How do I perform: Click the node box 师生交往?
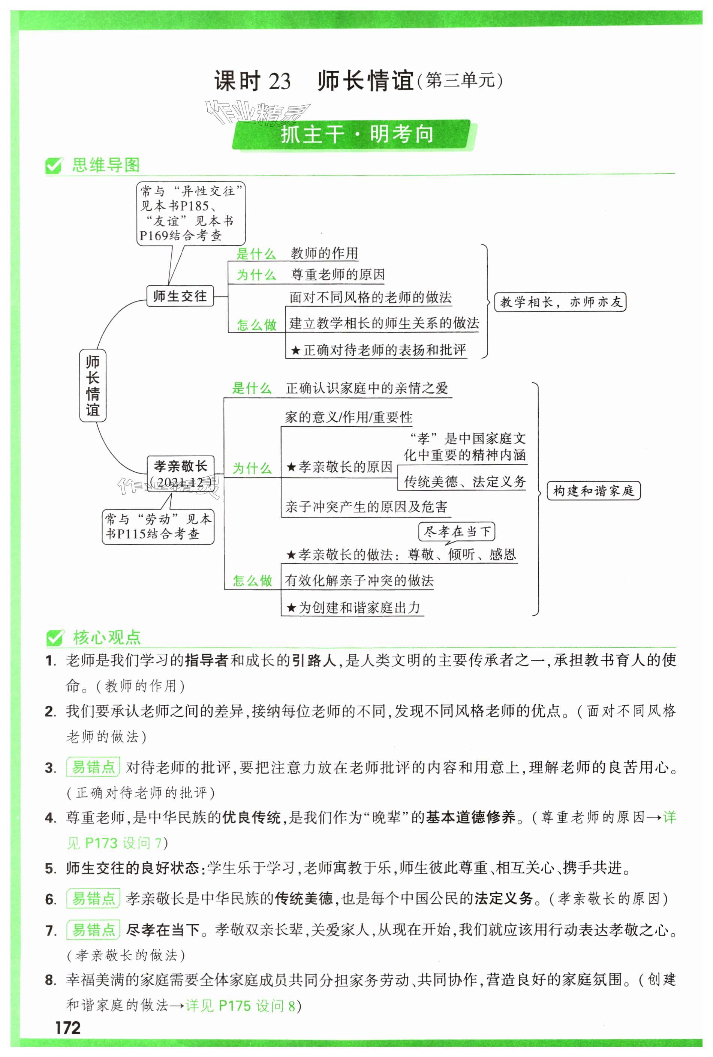[180, 296]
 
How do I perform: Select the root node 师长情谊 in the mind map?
[93, 385]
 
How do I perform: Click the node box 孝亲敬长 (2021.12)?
[181, 474]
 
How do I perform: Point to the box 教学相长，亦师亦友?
[560, 302]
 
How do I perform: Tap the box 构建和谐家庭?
[593, 491]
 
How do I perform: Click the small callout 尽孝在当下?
[457, 531]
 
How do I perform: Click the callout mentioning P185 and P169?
[191, 213]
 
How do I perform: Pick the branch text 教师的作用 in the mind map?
[324, 253]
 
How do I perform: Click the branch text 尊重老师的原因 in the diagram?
[337, 275]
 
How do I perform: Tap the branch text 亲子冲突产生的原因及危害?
[366, 507]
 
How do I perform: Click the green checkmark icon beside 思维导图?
[54, 166]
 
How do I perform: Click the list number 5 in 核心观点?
[50, 868]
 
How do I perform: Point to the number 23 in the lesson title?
[279, 82]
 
